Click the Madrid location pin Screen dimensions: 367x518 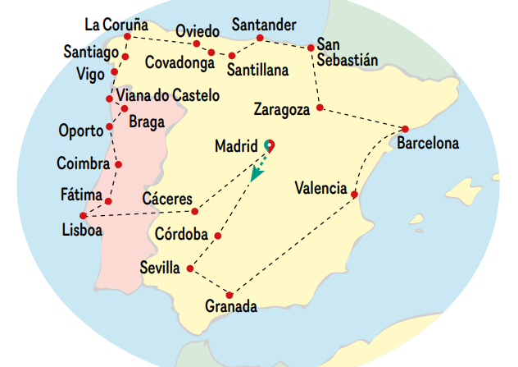[269, 145]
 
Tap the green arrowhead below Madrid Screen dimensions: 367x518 [257, 175]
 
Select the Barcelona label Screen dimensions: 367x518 [428, 143]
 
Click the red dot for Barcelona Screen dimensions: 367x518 [405, 128]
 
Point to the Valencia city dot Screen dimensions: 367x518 [354, 195]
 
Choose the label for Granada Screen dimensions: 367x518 [231, 307]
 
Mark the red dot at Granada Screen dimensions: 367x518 [230, 295]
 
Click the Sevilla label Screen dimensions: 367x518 [161, 268]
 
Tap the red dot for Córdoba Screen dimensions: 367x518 [218, 236]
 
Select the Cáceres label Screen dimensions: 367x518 [167, 200]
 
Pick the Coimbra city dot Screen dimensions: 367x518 [119, 164]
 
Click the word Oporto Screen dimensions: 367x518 [81, 130]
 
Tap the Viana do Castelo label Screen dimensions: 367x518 [168, 96]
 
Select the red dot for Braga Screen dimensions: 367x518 [124, 108]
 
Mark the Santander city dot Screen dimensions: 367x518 [260, 38]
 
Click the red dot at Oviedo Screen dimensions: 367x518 [197, 44]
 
